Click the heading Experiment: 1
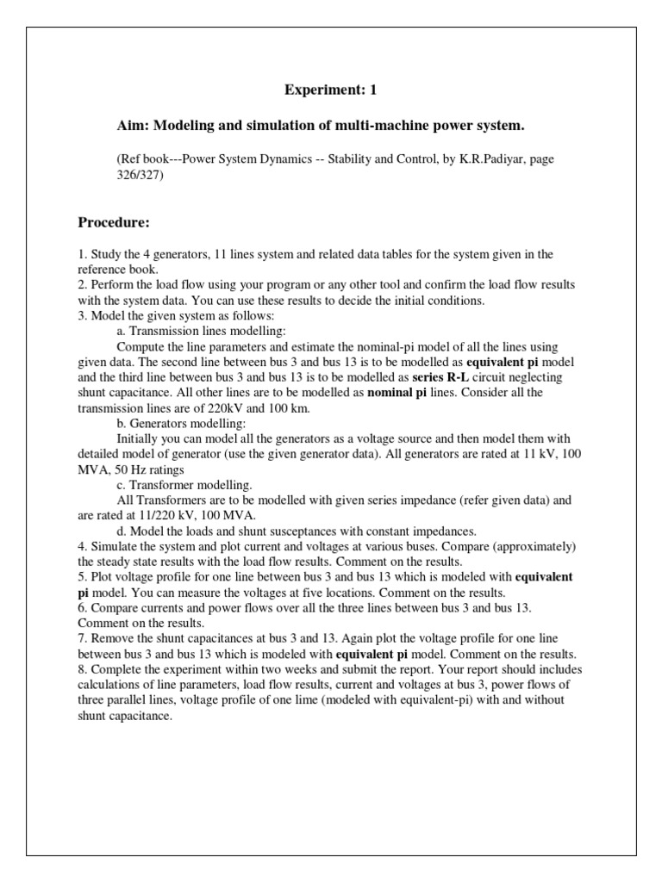(331, 90)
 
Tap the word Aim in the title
(130, 126)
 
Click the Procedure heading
(114, 224)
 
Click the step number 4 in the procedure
(81, 547)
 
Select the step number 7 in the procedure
(81, 640)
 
